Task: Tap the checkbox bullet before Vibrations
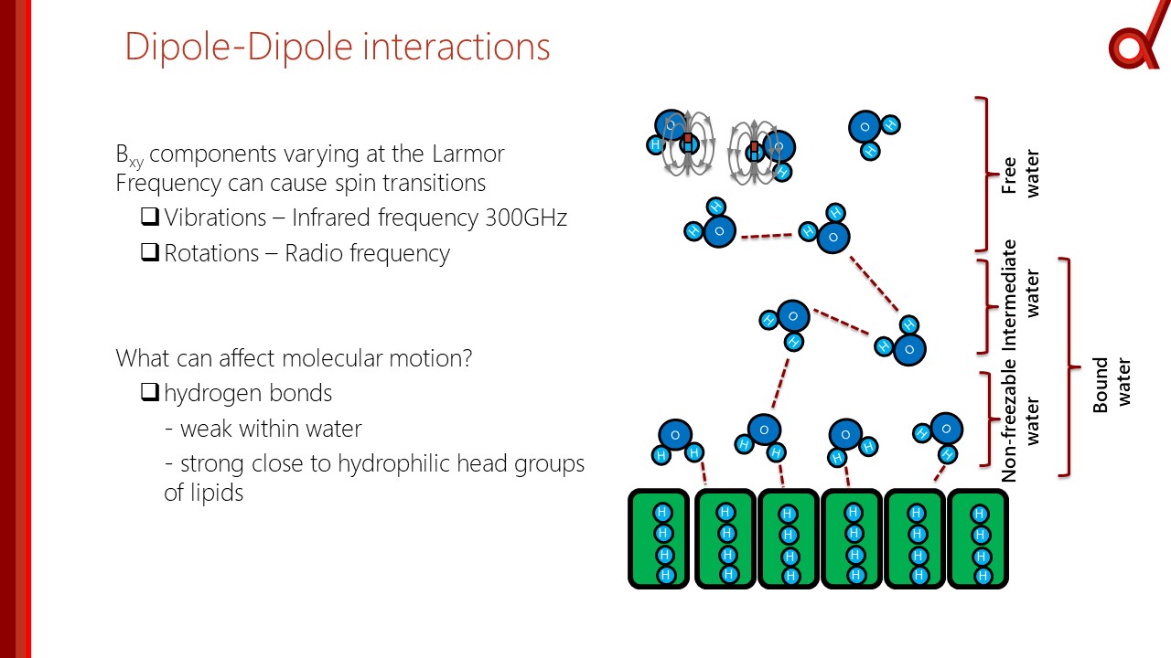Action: coord(150,218)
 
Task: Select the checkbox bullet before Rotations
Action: coord(150,252)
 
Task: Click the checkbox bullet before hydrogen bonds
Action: coord(150,393)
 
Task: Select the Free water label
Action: coord(1021,174)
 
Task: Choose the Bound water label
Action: coord(1112,384)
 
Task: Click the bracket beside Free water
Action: coord(983,174)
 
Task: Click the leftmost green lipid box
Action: coord(659,539)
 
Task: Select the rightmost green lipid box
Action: coord(978,539)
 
